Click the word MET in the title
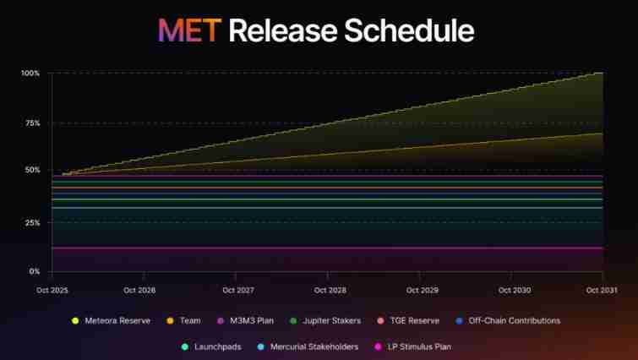coord(190,30)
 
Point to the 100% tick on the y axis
coord(30,74)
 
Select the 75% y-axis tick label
coord(32,123)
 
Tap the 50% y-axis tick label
coord(32,171)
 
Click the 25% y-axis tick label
coord(32,222)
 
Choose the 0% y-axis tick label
coord(35,271)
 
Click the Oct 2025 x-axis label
coord(52,289)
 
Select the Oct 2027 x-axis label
coord(237,289)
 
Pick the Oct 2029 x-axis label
coord(422,289)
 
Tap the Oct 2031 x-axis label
coord(602,289)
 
